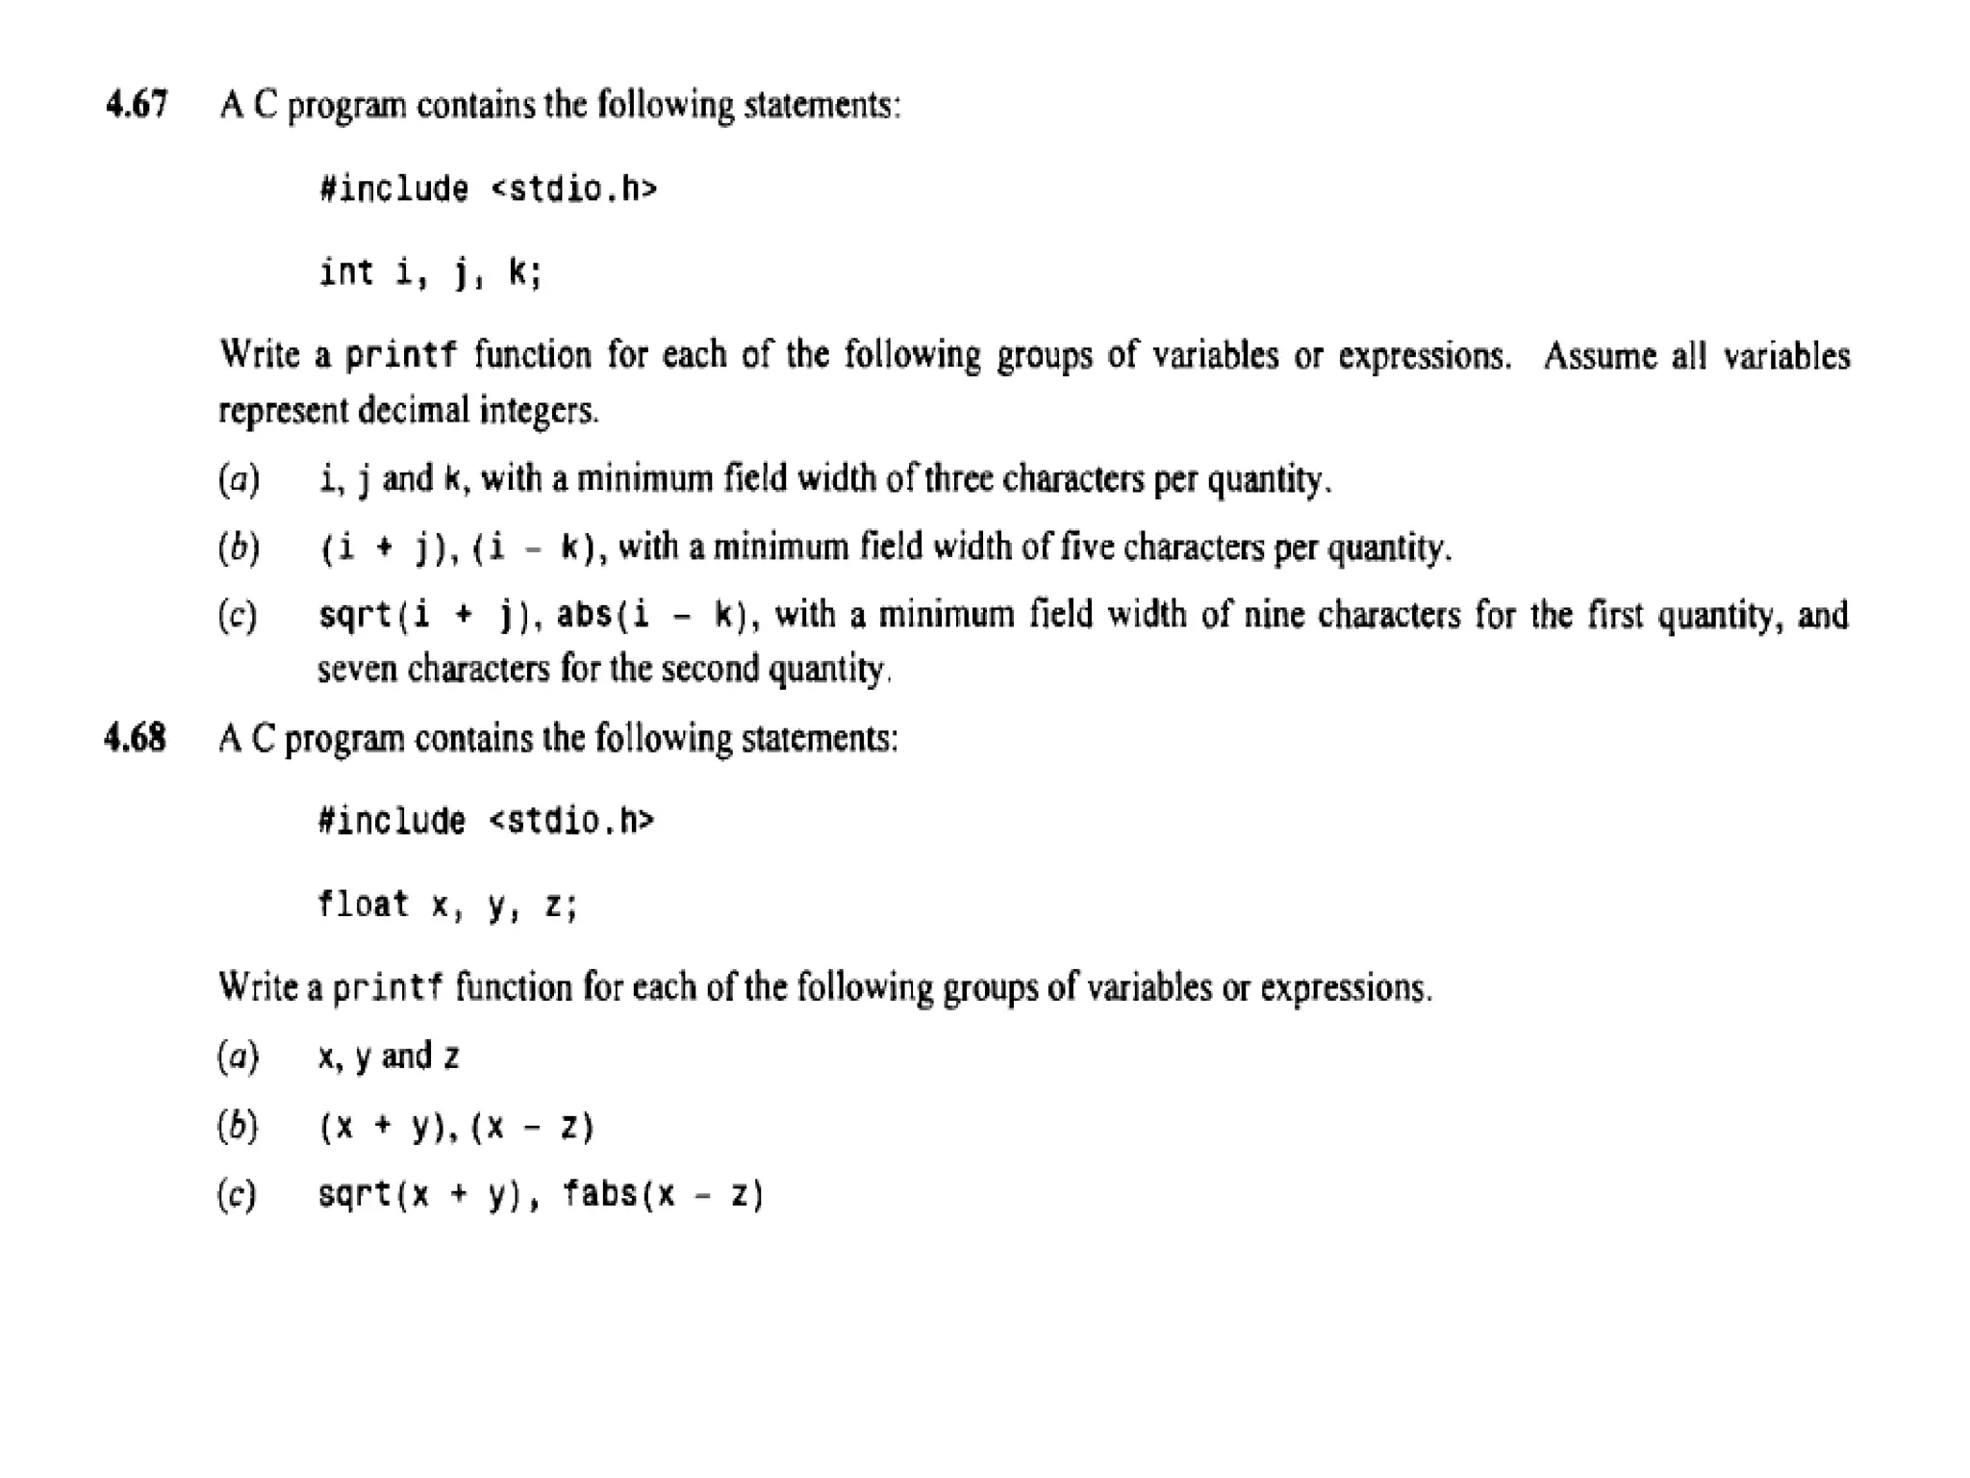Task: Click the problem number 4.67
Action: click(137, 104)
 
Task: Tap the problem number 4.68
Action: click(135, 738)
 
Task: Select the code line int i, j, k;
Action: click(430, 273)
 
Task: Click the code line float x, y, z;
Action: click(447, 905)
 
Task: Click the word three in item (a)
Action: click(960, 478)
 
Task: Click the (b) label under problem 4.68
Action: click(238, 1126)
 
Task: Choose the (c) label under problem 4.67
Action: click(238, 615)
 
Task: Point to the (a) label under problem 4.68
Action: click(238, 1058)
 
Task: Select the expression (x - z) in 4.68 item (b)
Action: click(533, 1127)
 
